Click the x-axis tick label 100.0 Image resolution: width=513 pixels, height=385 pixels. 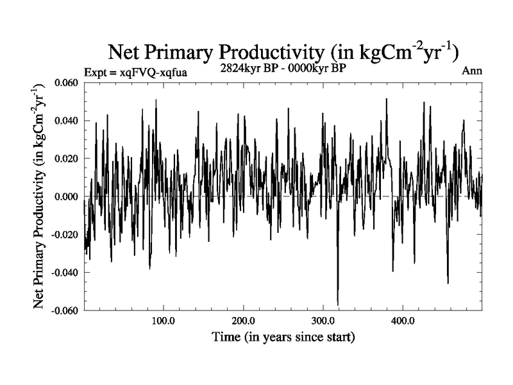(x=164, y=321)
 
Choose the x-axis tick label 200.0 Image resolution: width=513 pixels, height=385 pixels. (x=243, y=321)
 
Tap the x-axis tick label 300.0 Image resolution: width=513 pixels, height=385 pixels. (x=323, y=321)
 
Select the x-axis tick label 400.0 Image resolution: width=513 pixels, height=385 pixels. (x=402, y=321)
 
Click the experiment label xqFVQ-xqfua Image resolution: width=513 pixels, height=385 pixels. (x=135, y=73)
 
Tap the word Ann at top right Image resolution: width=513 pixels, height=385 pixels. (x=472, y=71)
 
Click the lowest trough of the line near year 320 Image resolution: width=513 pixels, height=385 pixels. (x=338, y=305)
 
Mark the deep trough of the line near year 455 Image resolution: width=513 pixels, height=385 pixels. (x=448, y=283)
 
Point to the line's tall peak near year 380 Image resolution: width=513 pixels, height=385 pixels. (x=387, y=99)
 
